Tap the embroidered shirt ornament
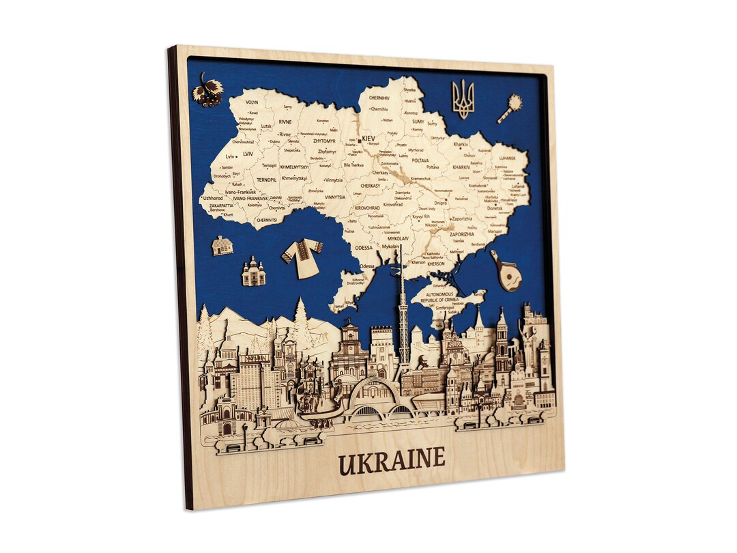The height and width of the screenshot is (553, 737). click(x=302, y=257)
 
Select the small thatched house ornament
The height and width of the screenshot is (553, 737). click(x=222, y=245)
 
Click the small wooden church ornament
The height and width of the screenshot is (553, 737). click(x=253, y=272)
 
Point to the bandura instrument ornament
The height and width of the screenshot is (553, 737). click(x=505, y=270)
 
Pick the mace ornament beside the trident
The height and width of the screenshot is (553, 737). click(x=510, y=109)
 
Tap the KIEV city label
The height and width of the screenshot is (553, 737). click(x=369, y=139)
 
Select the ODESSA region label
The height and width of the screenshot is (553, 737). click(x=364, y=248)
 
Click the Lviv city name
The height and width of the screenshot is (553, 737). click(x=230, y=156)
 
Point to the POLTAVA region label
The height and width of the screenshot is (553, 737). click(x=420, y=160)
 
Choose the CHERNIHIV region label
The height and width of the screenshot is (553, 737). click(x=379, y=98)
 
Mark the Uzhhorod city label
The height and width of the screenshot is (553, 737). click(x=213, y=198)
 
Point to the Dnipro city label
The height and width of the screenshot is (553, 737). click(x=440, y=203)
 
